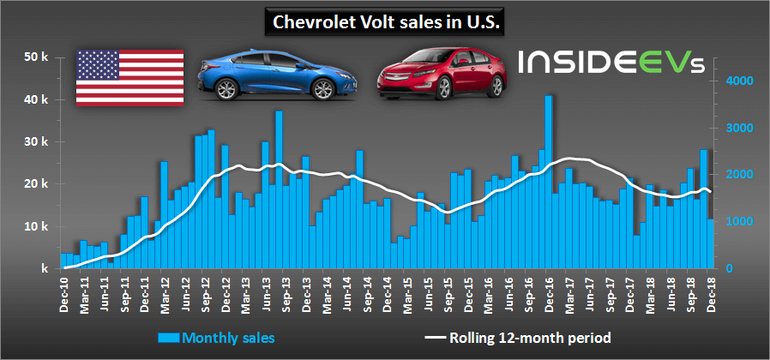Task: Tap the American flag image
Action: [x=129, y=77]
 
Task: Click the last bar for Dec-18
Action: [x=710, y=243]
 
